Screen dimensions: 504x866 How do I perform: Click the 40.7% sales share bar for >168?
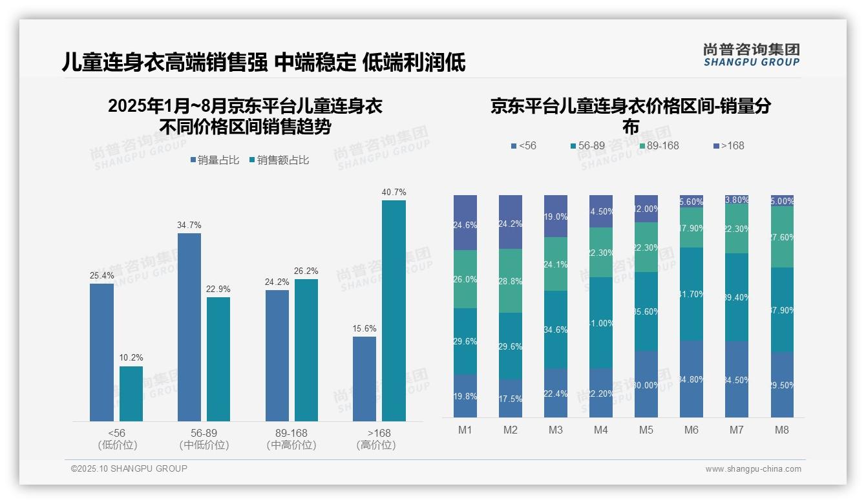(x=394, y=310)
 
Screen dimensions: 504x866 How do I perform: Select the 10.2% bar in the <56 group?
(x=131, y=394)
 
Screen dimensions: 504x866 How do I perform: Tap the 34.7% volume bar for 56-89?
(x=189, y=327)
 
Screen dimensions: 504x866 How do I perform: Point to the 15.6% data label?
(x=364, y=329)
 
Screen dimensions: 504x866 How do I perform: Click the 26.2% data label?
(x=306, y=271)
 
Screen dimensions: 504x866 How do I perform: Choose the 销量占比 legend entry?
(x=215, y=160)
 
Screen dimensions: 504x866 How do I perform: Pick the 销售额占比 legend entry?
(x=279, y=160)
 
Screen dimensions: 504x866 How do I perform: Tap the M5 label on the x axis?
(x=646, y=430)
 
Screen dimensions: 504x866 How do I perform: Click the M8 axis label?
(x=781, y=430)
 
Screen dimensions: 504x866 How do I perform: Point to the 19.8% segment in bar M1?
(x=465, y=396)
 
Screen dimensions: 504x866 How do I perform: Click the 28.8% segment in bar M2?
(x=511, y=281)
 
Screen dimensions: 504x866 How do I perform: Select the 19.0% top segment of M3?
(x=556, y=216)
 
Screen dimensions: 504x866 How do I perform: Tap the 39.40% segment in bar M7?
(x=736, y=297)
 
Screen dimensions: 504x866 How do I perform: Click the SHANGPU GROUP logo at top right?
(x=751, y=55)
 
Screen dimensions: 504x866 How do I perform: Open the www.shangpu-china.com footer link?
(x=753, y=469)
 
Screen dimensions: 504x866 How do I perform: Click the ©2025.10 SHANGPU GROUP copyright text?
(x=129, y=468)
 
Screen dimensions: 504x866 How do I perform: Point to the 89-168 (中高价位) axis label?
(x=291, y=439)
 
